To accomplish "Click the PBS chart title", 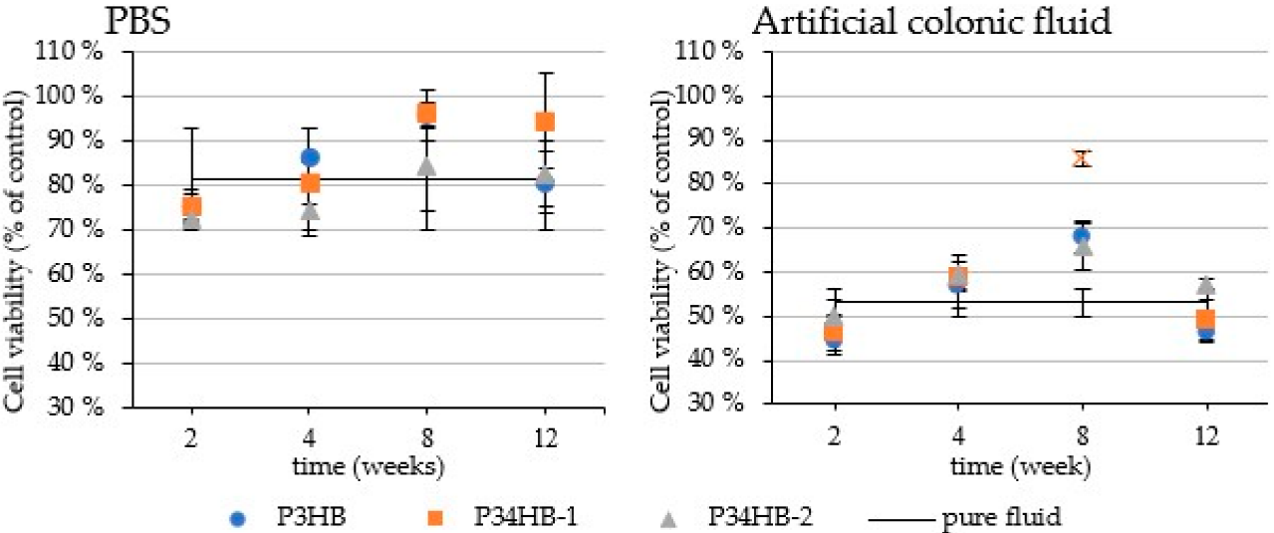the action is (138, 22).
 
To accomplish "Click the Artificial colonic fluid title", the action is (931, 22).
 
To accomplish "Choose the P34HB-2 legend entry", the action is (738, 517).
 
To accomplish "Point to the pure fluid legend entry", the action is (965, 517).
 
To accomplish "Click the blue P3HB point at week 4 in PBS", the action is (310, 157).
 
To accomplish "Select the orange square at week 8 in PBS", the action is (426, 114).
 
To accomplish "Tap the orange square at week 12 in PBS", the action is (545, 122).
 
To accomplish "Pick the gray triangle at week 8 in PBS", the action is (426, 166).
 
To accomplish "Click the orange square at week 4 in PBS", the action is (310, 183).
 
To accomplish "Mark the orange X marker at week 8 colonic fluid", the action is (1083, 159).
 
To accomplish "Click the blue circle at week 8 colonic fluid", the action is (1082, 235).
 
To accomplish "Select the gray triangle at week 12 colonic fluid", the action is (1207, 286).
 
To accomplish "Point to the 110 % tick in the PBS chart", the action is (69, 52).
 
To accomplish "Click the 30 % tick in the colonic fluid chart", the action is (714, 403).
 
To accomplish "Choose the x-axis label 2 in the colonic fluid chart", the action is (835, 437).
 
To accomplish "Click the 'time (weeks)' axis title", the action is (368, 467).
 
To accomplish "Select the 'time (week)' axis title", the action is (1021, 467).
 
